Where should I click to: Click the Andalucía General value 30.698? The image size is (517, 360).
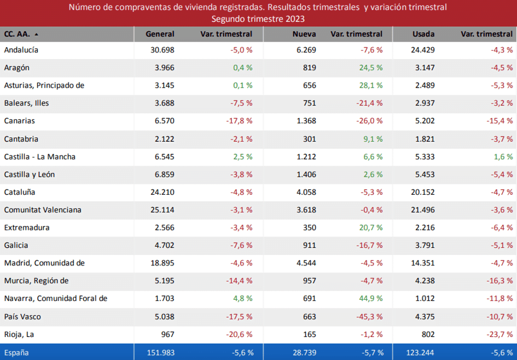pos(162,50)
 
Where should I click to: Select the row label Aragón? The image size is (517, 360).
pos(16,68)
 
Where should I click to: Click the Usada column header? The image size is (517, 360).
pos(423,34)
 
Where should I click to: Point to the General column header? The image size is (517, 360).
pos(160,34)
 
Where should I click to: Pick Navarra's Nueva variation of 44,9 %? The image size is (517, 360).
pos(370,299)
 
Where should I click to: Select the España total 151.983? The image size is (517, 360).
pos(160,353)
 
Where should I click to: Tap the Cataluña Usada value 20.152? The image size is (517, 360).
pos(423,193)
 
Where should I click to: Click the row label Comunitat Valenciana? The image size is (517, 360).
pos(43,210)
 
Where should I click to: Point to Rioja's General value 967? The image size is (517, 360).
pos(166,334)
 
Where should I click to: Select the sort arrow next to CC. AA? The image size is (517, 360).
pos(37,34)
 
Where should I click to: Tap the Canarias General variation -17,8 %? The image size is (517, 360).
pos(239,121)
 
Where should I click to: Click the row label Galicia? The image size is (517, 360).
pos(16,246)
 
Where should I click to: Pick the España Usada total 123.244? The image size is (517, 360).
pos(420,353)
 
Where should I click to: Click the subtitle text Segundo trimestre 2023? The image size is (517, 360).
pos(258,18)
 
